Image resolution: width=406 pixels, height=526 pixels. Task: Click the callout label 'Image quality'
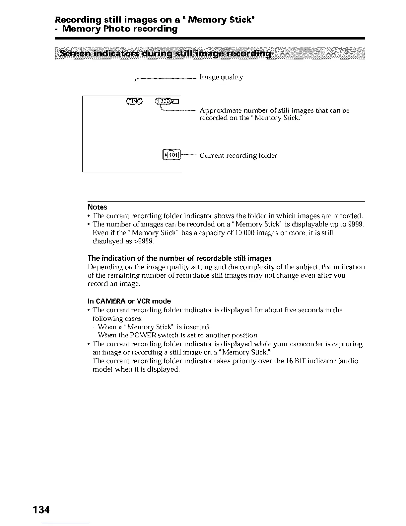point(221,77)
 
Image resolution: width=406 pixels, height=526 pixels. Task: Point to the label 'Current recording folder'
point(238,156)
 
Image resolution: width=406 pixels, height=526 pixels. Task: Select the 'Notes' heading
point(97,207)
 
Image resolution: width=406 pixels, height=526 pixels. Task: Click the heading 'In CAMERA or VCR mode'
point(129,301)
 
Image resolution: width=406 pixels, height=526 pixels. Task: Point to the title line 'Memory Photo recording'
point(120,29)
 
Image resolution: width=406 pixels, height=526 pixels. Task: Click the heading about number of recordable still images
point(179,258)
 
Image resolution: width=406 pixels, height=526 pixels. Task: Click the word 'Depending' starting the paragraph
point(103,267)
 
